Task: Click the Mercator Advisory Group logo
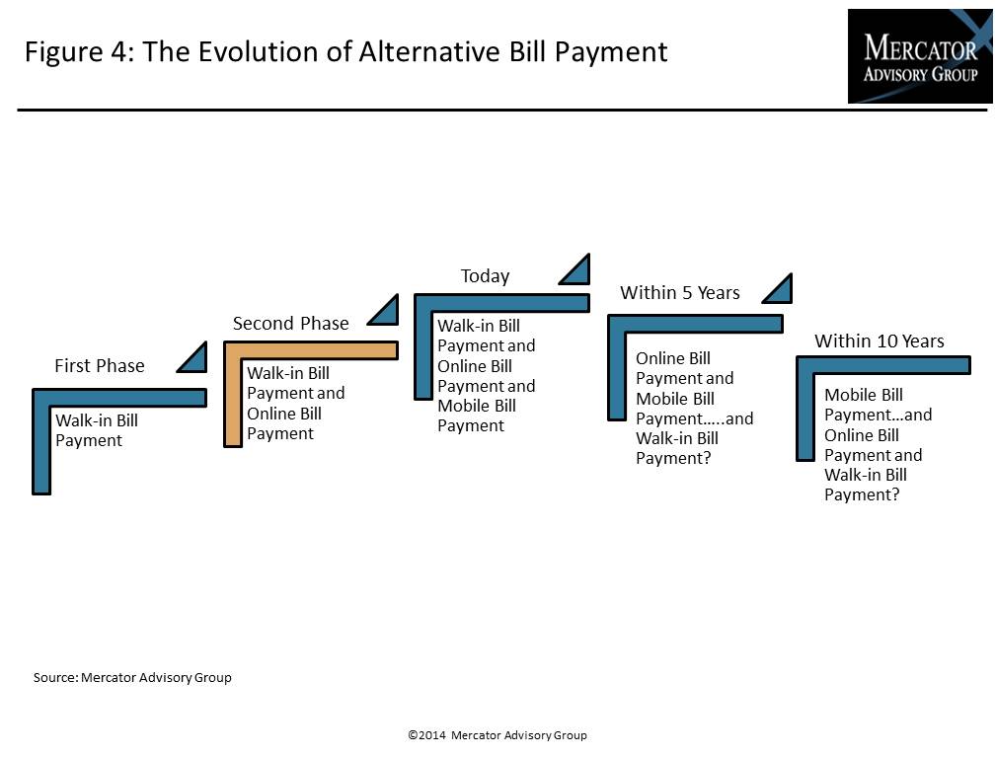[x=920, y=56]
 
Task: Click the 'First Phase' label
[x=100, y=366]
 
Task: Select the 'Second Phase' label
[x=290, y=324]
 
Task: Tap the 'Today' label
[x=485, y=276]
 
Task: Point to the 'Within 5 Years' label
[x=679, y=292]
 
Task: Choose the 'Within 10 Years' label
[x=879, y=341]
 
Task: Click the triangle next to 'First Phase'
[x=192, y=357]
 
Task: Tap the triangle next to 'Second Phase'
[x=384, y=310]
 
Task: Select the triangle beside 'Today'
[x=575, y=269]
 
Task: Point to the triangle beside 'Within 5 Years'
[x=778, y=289]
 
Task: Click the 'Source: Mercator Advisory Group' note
[x=132, y=677]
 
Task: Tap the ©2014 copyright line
[x=497, y=735]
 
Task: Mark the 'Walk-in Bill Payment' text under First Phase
[x=97, y=430]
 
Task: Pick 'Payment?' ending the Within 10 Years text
[x=862, y=494]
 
